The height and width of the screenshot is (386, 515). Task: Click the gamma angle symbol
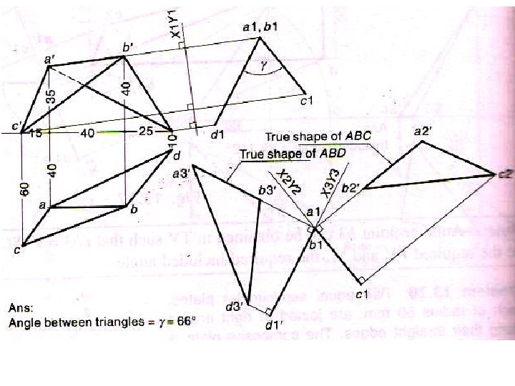263,64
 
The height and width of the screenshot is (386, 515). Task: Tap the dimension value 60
25,188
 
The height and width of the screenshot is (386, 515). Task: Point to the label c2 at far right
504,174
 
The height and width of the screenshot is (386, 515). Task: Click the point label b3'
267,190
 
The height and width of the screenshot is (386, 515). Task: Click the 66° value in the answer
185,322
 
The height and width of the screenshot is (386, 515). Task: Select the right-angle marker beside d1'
268,311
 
